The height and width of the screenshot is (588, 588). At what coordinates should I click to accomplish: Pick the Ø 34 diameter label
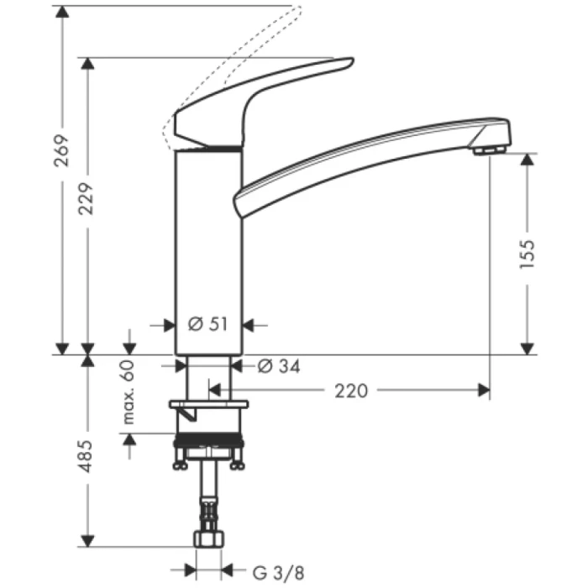[x=278, y=366]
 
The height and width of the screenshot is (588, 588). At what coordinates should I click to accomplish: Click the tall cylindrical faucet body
[x=207, y=252]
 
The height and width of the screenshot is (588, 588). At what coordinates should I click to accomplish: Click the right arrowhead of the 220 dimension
[x=484, y=390]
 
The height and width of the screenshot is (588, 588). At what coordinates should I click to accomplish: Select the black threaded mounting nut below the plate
[x=207, y=443]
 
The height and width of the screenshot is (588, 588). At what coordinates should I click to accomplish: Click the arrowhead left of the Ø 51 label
[x=167, y=324]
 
